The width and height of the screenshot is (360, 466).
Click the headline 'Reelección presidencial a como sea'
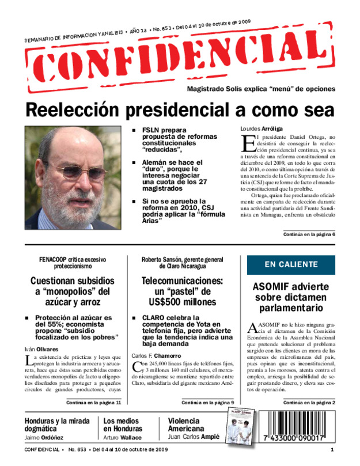[x=180, y=109]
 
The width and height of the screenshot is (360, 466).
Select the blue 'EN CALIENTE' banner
[x=291, y=264]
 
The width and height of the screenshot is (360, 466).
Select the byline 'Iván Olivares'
[x=41, y=350]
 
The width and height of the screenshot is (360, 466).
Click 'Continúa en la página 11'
[x=93, y=402]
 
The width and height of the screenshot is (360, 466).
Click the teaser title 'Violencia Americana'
[x=185, y=425]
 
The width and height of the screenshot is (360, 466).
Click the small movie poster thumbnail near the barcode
[x=237, y=429]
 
